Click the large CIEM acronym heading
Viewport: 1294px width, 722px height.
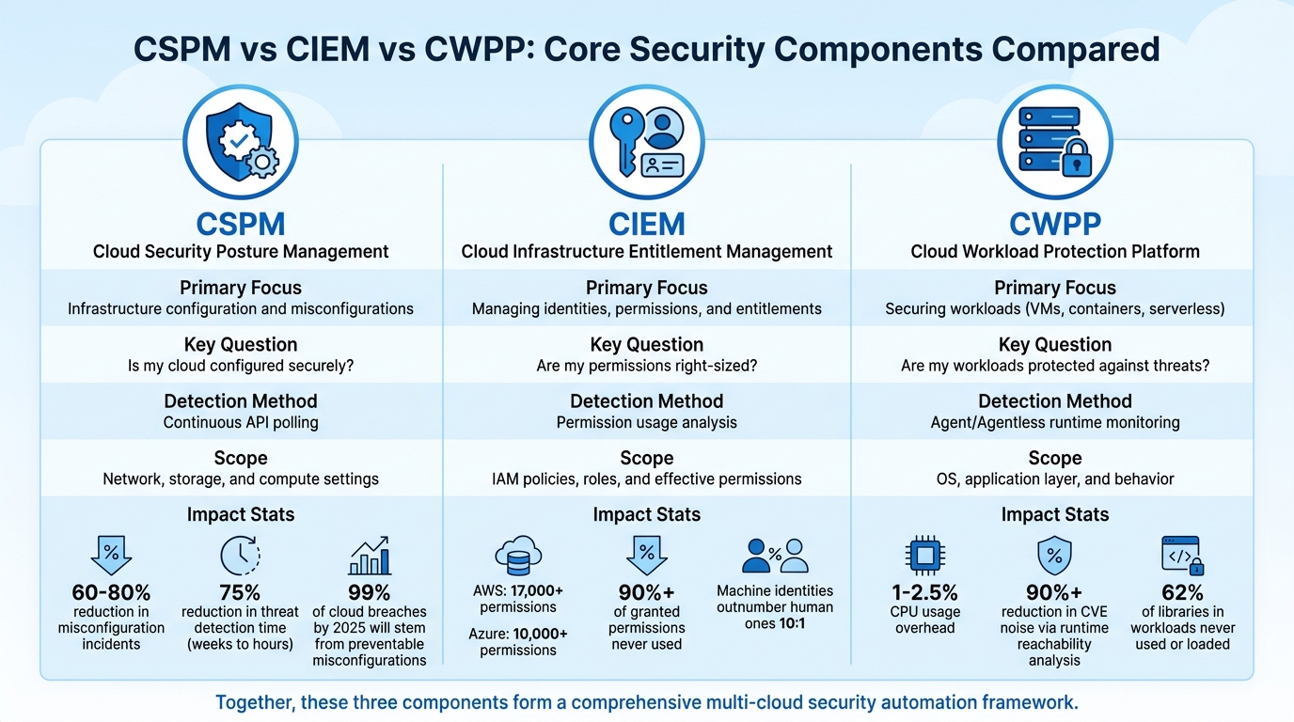(646, 224)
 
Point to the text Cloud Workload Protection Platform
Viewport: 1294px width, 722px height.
(1054, 251)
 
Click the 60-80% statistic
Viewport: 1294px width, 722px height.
(111, 592)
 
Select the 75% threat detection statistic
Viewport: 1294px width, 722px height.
(240, 592)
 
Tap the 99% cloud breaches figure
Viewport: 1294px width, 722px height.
(369, 592)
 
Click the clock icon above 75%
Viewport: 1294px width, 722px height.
(240, 556)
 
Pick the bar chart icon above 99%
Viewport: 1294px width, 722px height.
(369, 556)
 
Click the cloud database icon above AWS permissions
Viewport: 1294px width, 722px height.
(517, 556)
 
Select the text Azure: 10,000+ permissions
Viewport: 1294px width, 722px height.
(517, 641)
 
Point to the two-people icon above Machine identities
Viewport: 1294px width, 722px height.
(775, 556)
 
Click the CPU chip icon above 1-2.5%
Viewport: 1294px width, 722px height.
(924, 556)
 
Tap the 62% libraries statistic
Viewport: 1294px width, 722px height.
(1182, 592)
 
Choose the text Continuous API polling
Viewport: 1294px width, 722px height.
(241, 422)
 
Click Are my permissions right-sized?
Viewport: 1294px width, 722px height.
(646, 366)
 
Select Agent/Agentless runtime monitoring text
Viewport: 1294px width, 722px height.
(1054, 422)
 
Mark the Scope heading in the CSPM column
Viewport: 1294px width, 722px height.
(241, 458)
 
